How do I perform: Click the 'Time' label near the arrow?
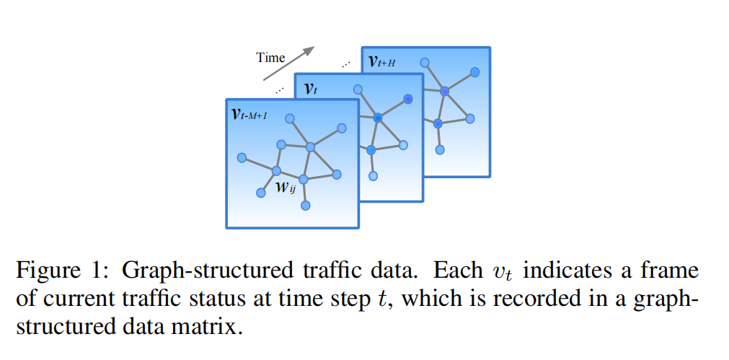270,58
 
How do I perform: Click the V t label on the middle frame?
310,89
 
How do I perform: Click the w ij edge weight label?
286,189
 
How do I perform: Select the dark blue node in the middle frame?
408,99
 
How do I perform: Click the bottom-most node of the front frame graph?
305,206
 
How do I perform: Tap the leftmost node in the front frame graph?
242,157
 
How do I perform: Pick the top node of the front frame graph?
289,118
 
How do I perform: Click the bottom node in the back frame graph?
440,150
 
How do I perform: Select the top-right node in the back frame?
474,72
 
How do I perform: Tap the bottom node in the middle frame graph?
374,175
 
